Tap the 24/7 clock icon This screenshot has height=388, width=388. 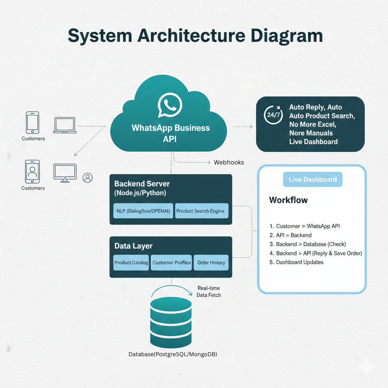pos(273,116)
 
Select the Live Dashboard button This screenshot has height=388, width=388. pos(313,179)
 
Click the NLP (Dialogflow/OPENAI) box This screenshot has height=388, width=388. pos(143,211)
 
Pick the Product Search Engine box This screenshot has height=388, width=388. pos(201,211)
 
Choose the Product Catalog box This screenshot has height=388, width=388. pos(131,263)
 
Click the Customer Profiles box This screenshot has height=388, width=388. pos(172,263)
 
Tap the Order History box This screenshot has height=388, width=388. pos(211,263)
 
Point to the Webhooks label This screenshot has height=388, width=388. pos(229,162)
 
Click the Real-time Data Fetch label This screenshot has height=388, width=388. pos(209,291)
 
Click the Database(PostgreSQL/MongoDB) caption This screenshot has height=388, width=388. pos(173,354)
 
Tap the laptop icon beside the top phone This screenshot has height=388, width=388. pos(65,124)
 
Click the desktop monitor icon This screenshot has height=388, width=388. pos(65,173)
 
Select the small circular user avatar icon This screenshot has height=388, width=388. pos(88,177)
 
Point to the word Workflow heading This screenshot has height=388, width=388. pos(288,200)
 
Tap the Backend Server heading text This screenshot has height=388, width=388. pos(142,184)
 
